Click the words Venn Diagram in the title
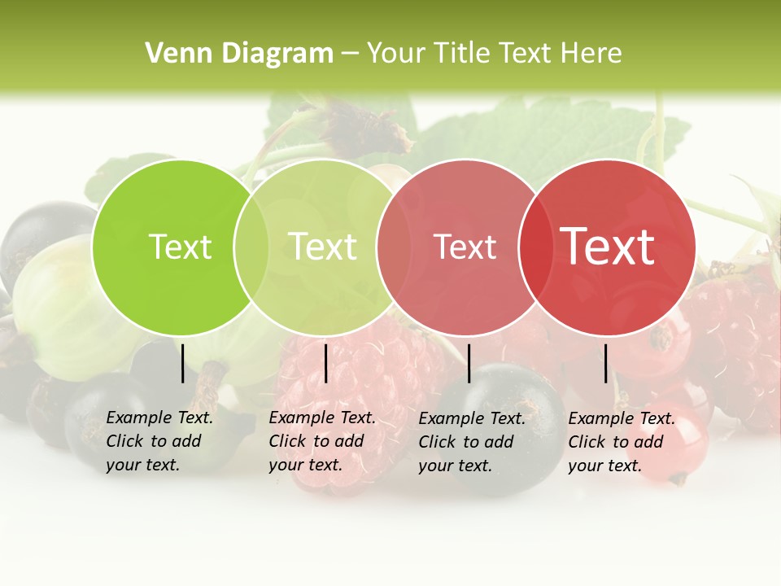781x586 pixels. point(238,54)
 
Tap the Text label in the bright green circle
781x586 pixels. point(180,247)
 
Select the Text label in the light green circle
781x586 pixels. point(322,247)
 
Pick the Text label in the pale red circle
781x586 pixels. point(465,247)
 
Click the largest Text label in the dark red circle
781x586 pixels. point(608,247)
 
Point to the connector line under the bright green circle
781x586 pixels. point(183,363)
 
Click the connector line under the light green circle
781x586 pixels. point(325,363)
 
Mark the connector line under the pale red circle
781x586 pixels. point(469,363)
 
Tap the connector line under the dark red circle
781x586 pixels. point(606,363)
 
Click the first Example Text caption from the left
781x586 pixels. point(159,441)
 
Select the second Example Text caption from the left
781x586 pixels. point(321,441)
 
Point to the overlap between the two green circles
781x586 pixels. point(251,247)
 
